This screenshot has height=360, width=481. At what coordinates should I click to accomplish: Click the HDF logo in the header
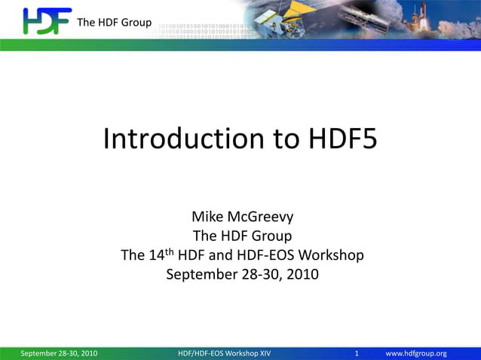click(47, 21)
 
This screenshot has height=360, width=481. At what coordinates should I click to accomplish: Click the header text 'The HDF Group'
click(114, 22)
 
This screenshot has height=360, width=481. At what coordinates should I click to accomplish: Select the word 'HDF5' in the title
click(342, 139)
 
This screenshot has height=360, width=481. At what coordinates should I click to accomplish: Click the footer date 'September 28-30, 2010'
click(59, 353)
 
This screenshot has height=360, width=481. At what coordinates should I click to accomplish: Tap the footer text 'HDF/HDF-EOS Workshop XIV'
click(224, 353)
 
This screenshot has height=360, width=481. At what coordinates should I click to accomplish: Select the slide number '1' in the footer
click(357, 353)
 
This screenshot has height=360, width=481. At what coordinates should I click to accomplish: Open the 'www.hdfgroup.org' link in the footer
click(416, 353)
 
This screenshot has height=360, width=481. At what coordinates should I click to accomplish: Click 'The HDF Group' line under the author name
click(242, 236)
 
